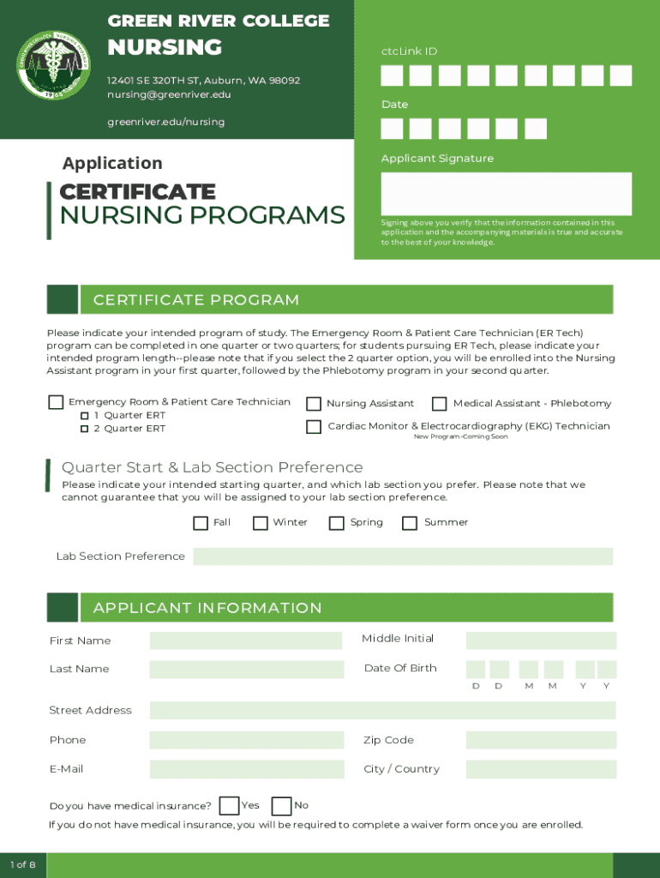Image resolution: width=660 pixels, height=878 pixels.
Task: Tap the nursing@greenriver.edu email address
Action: pos(169,94)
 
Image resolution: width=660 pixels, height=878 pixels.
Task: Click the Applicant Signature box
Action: pos(506,194)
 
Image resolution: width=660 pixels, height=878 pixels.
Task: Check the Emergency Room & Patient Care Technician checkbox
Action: pos(56,402)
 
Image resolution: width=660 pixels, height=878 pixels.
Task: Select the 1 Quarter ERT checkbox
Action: pos(85,416)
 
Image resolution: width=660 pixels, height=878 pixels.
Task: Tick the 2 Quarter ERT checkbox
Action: pos(85,429)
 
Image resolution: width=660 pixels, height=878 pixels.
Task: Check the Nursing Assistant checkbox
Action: pos(314,404)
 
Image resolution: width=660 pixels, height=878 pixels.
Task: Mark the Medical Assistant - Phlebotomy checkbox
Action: pos(439,404)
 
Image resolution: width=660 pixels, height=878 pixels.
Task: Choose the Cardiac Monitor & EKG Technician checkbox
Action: pos(314,426)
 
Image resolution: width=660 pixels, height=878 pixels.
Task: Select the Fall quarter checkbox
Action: pos(201,523)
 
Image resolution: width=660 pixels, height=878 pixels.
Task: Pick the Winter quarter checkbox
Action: pos(261,523)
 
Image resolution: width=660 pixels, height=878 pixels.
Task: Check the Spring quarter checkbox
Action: pos(337,523)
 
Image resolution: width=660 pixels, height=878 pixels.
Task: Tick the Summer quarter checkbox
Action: pos(410,523)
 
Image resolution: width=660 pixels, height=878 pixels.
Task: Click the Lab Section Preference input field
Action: pos(403,556)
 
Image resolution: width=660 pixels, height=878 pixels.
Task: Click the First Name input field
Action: pos(247,640)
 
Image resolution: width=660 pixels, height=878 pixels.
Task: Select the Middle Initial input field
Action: pos(541,640)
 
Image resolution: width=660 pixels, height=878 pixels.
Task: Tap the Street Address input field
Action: pos(382,710)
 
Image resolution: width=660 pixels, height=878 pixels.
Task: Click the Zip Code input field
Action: pos(541,740)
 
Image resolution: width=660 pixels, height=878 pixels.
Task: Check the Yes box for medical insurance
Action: pos(229,806)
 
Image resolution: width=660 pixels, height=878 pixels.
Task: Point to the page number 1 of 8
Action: pos(22,864)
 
